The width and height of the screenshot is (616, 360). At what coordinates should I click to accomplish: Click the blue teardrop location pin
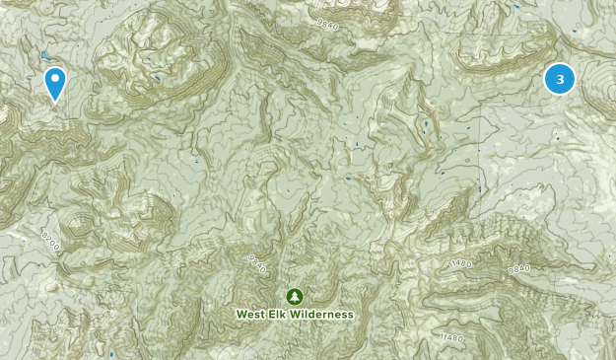pos(55,82)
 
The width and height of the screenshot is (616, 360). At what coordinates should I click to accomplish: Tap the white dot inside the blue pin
pos(55,79)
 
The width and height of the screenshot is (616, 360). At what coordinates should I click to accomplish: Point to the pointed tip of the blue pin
pos(55,101)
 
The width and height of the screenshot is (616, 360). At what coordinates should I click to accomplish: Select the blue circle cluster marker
pos(560,79)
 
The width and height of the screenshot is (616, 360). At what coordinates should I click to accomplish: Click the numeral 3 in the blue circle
pos(560,79)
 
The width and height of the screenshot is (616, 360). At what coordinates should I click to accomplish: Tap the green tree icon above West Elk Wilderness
pos(294,296)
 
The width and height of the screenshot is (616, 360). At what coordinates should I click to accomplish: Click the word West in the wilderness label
pos(251,315)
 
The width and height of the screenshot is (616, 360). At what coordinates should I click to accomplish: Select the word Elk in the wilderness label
pos(281,315)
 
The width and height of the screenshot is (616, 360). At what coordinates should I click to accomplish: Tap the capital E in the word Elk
pos(274,315)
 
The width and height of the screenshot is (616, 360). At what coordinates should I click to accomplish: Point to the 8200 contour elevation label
pos(51,240)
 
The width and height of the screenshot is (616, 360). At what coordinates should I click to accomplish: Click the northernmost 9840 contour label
pos(328,21)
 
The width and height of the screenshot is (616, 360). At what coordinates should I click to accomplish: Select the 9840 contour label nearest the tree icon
pos(258,262)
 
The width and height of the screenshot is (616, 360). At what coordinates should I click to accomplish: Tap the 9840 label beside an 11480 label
pos(519,267)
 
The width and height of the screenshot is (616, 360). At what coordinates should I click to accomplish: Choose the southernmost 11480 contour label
pos(451,338)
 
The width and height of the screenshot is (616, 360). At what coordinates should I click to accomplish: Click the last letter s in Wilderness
pos(349,315)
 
